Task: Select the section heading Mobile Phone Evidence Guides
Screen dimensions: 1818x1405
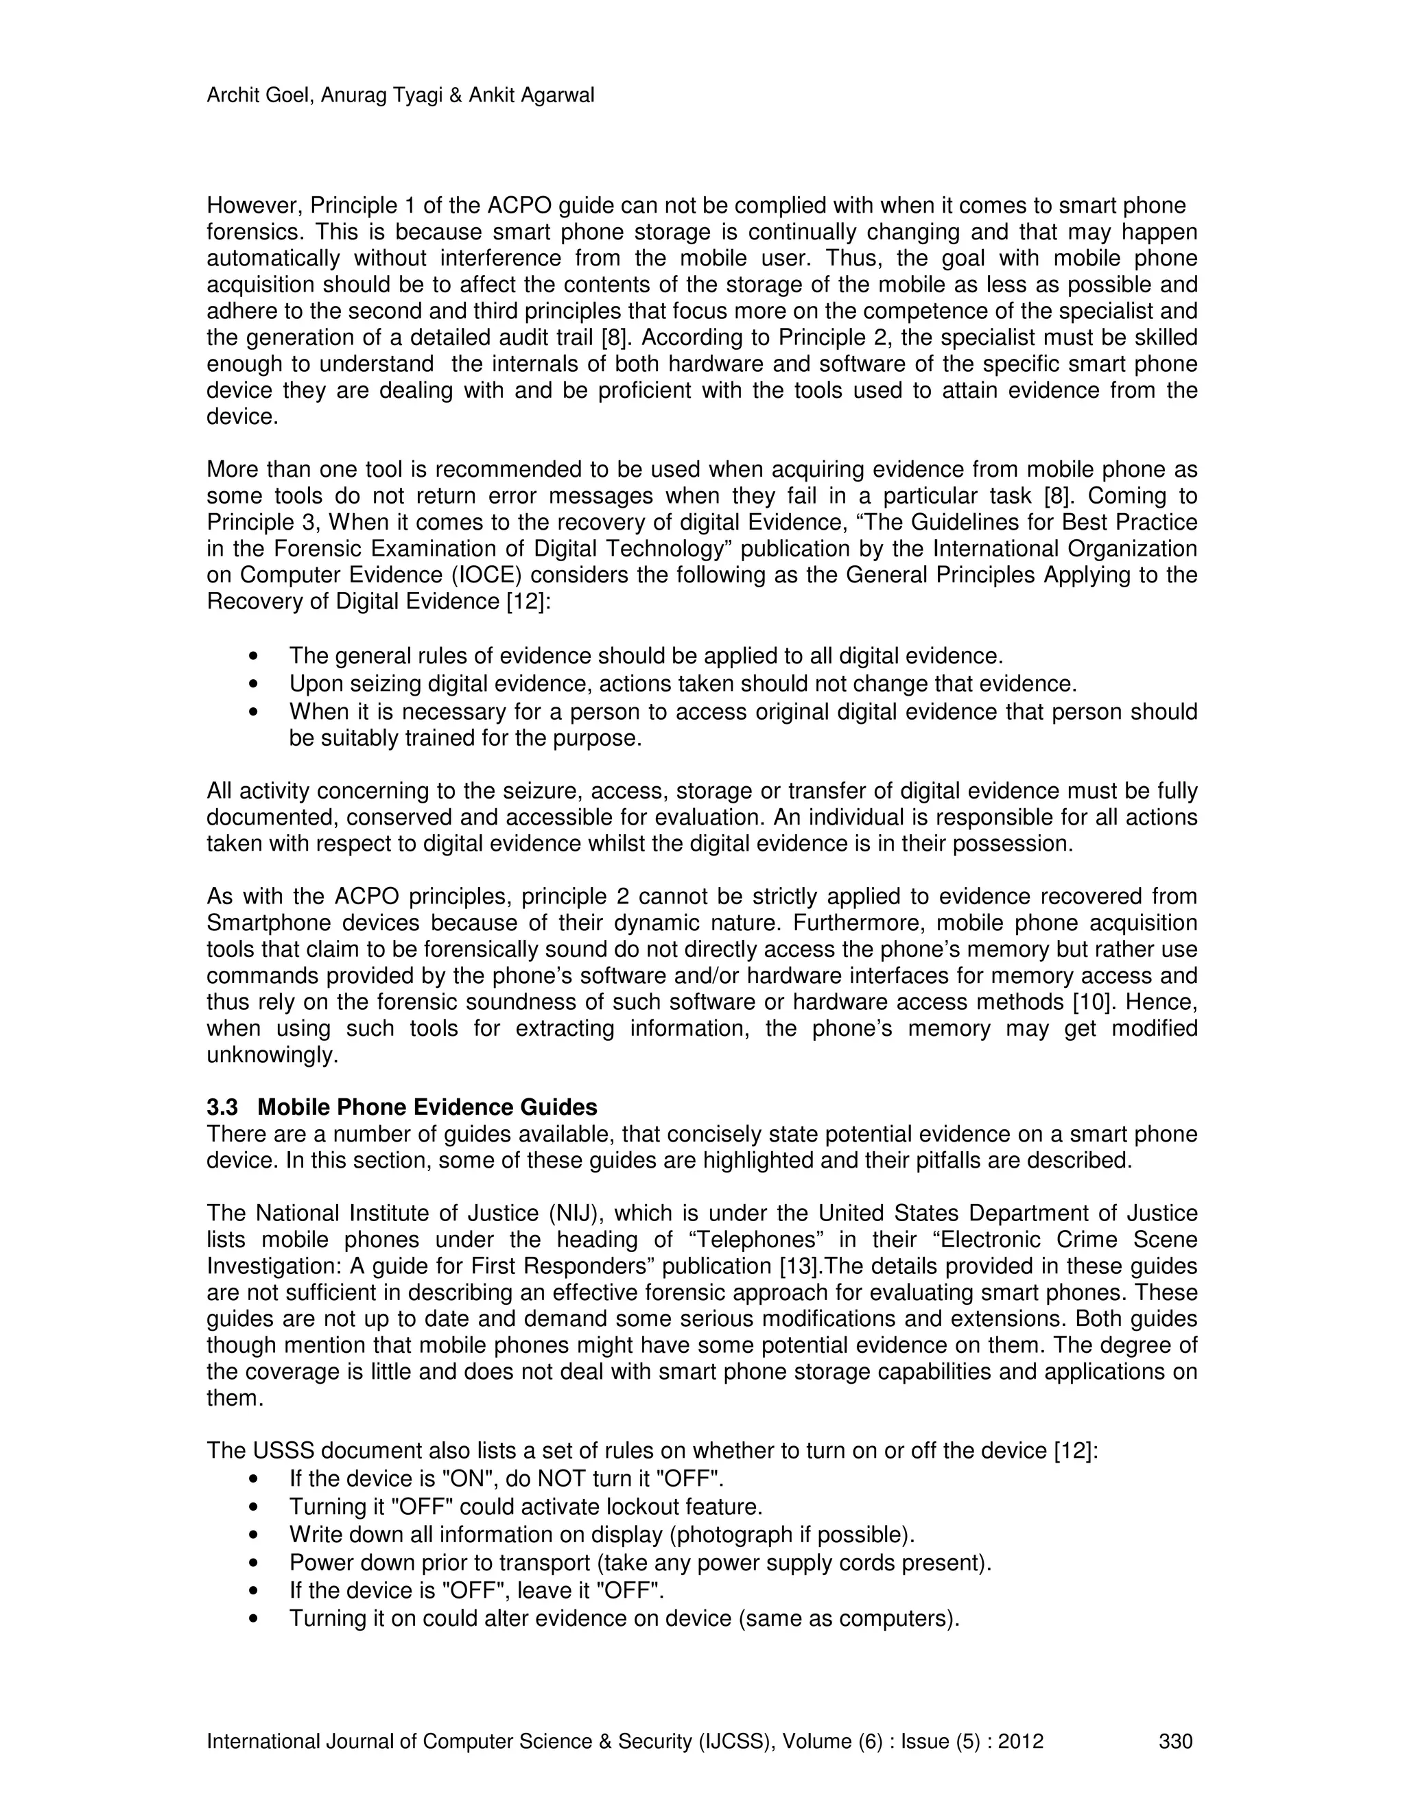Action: pyautogui.click(x=427, y=1108)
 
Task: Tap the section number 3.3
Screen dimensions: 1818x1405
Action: pyautogui.click(x=222, y=1108)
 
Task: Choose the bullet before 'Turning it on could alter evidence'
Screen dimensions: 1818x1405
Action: pyautogui.click(x=254, y=1619)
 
